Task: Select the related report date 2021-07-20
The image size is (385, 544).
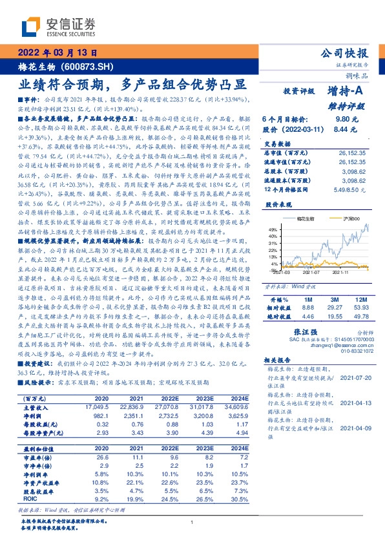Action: click(x=355, y=375)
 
